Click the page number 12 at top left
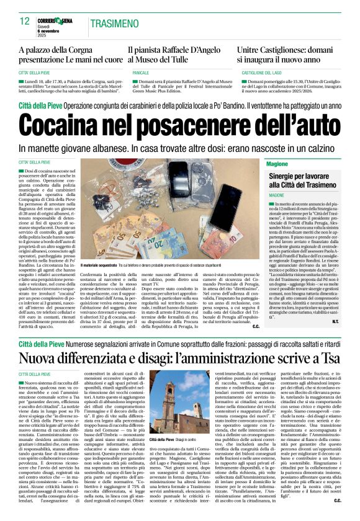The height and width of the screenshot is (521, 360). pyautogui.click(x=25, y=22)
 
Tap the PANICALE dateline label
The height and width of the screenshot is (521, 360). pyautogui.click(x=140, y=73)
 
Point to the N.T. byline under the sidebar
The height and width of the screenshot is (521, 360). pyautogui.click(x=335, y=322)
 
